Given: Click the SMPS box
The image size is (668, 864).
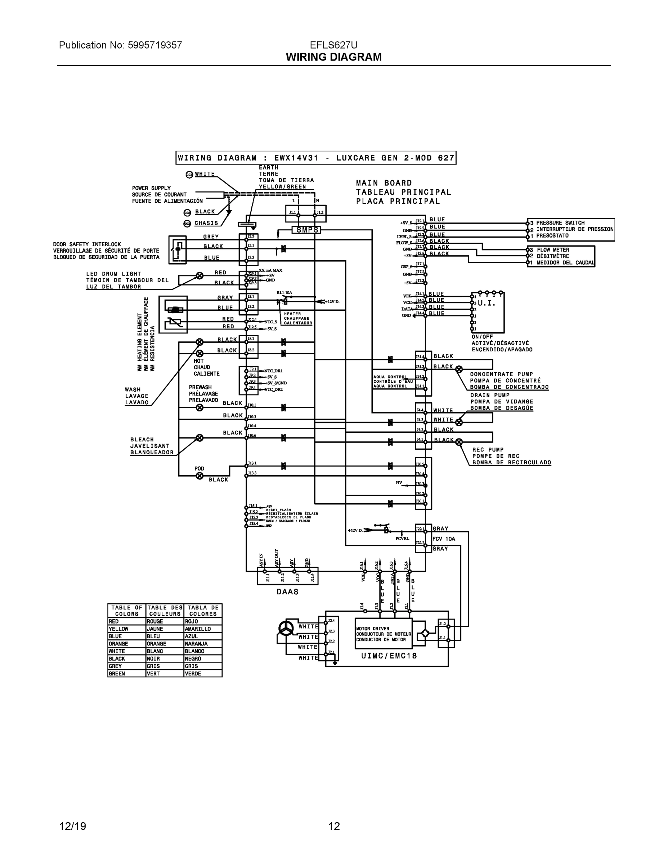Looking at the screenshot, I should tap(306, 230).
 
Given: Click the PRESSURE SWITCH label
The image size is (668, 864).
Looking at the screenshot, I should tap(560, 223).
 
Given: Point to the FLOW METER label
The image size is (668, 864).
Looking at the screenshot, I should tap(553, 249).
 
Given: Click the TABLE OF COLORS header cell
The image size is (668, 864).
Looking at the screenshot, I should tap(127, 611).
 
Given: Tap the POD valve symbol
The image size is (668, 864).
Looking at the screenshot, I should tap(200, 476).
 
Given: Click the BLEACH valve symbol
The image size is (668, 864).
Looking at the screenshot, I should tap(200, 437).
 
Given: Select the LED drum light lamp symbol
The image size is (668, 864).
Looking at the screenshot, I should tap(200, 276).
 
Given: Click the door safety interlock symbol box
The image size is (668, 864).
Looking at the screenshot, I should tap(177, 249).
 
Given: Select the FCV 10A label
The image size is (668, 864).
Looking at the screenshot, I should tap(444, 539).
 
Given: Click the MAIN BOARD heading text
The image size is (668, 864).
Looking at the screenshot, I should tap(384, 183).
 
